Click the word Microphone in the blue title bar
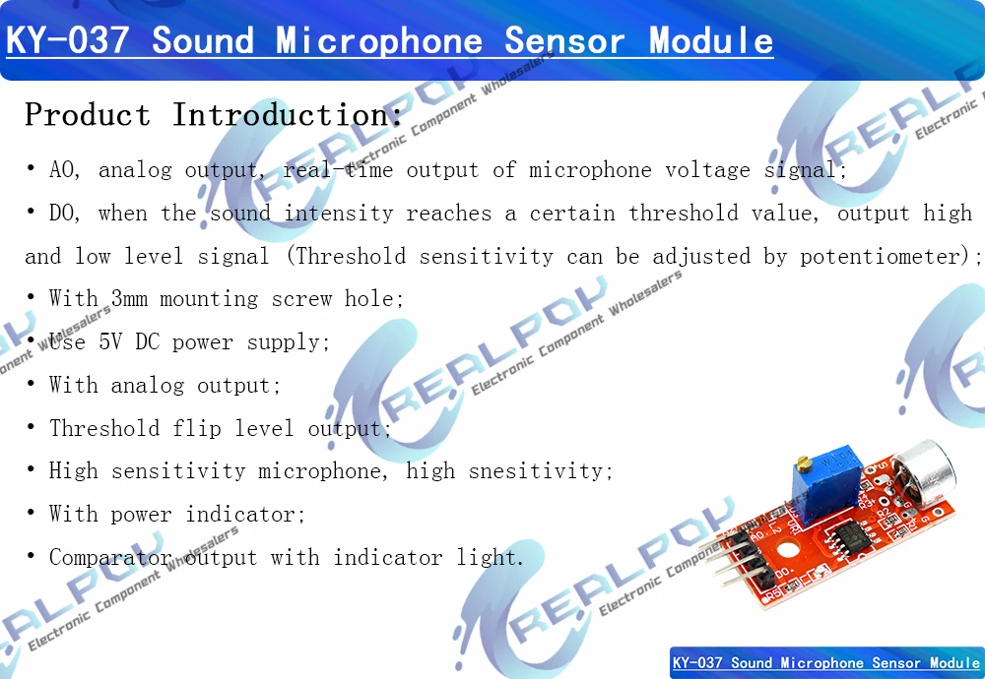379,40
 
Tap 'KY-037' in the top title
67,40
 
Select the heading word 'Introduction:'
287,115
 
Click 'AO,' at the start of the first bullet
65,170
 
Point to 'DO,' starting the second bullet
65,214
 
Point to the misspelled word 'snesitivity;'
540,471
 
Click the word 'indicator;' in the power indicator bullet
245,515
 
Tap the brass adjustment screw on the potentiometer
804,463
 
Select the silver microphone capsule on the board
924,471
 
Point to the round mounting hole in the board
788,551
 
